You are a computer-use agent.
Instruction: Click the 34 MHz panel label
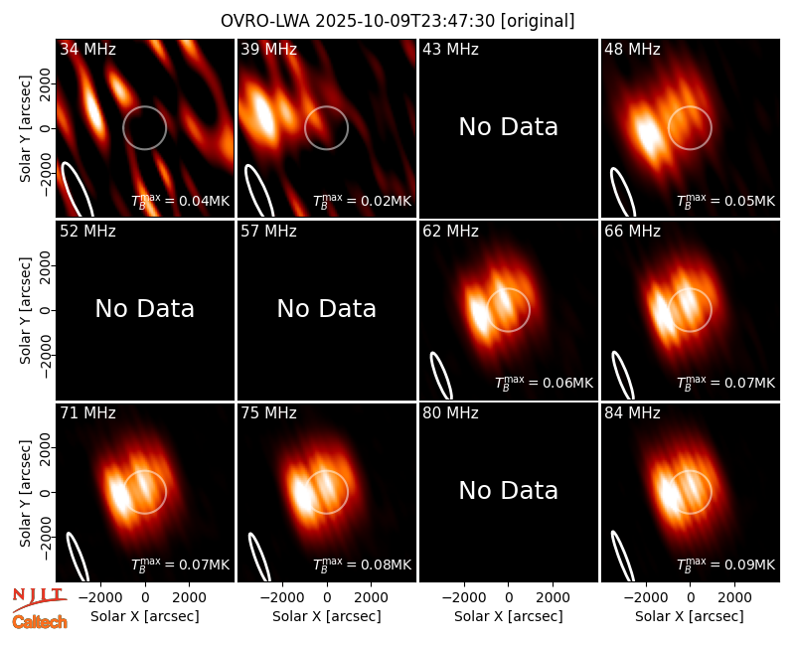87,49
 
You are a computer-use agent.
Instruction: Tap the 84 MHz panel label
632,413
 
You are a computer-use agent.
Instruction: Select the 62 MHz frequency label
451,232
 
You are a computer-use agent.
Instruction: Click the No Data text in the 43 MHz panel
509,127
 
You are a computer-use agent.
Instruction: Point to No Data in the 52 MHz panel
145,309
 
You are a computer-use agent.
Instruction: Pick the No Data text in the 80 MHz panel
509,491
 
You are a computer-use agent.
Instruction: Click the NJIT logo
39,599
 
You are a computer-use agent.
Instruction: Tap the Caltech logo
40,622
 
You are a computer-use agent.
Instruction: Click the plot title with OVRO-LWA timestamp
397,21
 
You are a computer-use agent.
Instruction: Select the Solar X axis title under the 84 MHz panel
690,616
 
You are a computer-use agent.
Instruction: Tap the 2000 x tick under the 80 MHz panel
553,597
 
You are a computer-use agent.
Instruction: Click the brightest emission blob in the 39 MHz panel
263,113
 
